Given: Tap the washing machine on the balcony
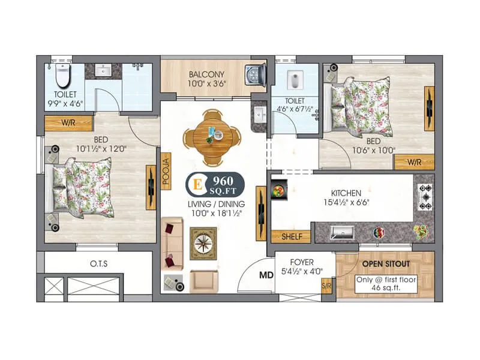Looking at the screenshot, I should coord(255,76).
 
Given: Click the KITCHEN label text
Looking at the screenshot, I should coord(346,193).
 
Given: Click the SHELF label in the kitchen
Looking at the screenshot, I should coord(291,237).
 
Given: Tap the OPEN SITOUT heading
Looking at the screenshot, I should coord(385,263).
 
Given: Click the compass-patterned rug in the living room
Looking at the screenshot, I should coord(203,243).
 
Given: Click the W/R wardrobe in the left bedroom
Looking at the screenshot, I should coord(68,124).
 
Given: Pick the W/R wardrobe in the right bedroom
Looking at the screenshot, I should coord(413,162).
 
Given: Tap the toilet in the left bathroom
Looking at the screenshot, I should coord(62,76).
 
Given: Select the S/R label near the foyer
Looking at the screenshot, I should coord(327,286).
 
